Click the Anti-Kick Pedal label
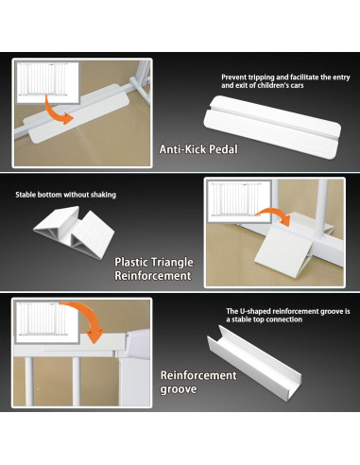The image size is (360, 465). click(x=198, y=149)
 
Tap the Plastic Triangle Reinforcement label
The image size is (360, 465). click(x=154, y=268)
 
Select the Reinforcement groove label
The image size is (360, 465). click(x=198, y=382)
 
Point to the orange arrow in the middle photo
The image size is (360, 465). click(x=276, y=215)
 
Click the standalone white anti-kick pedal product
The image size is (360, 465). click(x=272, y=127)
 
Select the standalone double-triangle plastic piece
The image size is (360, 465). click(x=74, y=232)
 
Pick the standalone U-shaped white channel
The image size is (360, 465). click(x=254, y=363)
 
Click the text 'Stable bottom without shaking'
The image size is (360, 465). click(x=66, y=195)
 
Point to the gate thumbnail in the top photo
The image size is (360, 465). click(x=47, y=82)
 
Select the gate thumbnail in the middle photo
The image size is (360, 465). click(x=240, y=200)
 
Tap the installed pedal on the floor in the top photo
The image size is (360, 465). click(x=77, y=113)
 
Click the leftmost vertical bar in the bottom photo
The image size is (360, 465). click(x=28, y=381)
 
